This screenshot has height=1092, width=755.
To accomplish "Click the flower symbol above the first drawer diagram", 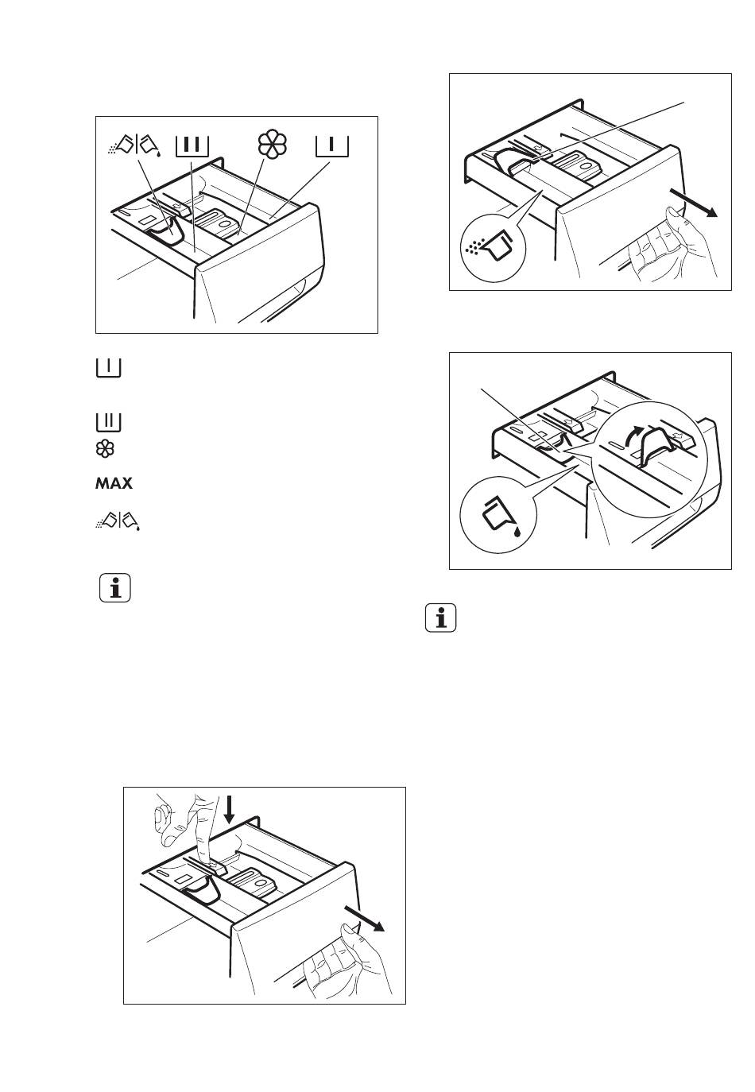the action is pyautogui.click(x=273, y=145).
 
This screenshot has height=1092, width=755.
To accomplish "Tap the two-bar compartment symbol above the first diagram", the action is pyautogui.click(x=192, y=146).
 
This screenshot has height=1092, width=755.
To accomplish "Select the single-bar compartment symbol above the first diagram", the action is pyautogui.click(x=332, y=146).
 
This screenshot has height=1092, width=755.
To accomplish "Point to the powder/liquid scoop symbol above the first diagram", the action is pyautogui.click(x=134, y=145).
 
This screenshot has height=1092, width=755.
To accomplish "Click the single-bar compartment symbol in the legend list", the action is pyautogui.click(x=109, y=368).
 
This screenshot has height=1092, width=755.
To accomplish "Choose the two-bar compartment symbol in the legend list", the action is pyautogui.click(x=109, y=422).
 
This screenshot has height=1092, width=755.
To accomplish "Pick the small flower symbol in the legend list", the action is pyautogui.click(x=105, y=448).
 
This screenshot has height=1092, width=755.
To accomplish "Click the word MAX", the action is pyautogui.click(x=114, y=483).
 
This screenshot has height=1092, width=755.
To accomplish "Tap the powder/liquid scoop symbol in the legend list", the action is pyautogui.click(x=118, y=521).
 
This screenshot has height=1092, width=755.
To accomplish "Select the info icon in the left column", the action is pyautogui.click(x=115, y=588).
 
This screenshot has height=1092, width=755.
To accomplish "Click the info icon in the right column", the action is pyautogui.click(x=440, y=618).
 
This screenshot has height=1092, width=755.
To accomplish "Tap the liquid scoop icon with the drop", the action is pyautogui.click(x=501, y=516).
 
